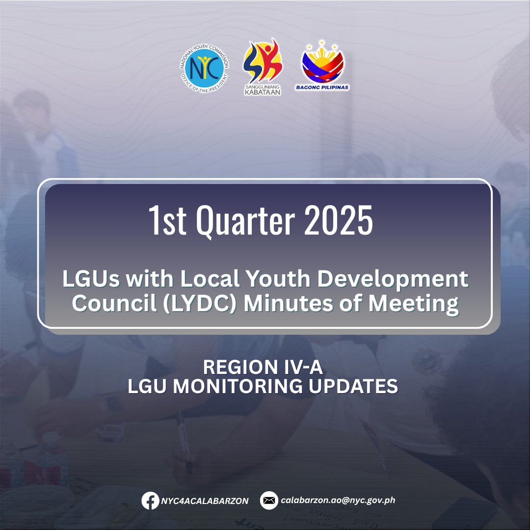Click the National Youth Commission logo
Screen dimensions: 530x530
[204, 68]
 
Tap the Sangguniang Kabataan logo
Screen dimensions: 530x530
[263, 67]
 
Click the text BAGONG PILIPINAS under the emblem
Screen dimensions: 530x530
[322, 87]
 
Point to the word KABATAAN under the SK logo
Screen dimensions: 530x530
[263, 92]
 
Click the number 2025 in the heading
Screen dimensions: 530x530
[338, 220]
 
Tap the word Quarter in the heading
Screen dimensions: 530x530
[245, 221]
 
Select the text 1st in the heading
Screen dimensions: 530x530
[168, 220]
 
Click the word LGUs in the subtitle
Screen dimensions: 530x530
[91, 279]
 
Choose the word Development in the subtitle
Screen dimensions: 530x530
[393, 280]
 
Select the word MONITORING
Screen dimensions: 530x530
[238, 386]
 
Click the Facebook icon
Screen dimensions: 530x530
[150, 501]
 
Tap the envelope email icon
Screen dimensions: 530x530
[269, 500]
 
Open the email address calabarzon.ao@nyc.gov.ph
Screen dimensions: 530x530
[338, 500]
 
